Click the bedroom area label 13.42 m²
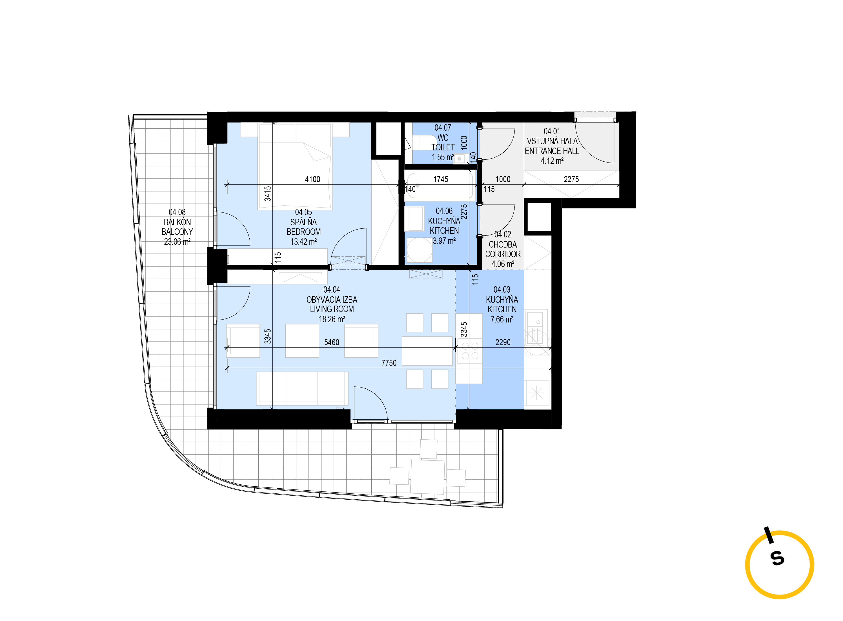303,242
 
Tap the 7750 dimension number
389,363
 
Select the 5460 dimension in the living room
331,342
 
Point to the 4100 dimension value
312,179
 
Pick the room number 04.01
552,131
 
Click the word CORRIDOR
502,254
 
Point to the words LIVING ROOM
331,309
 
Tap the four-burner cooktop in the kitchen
470,350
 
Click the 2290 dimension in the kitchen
502,342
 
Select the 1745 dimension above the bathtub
440,179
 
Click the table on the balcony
427,477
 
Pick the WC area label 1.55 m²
443,157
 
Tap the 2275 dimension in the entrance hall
571,179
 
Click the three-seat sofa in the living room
302,388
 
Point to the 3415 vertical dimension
267,193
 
